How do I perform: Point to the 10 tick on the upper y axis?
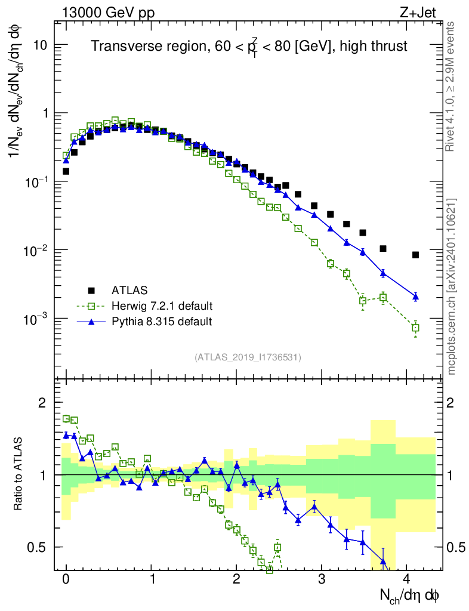click(40, 45)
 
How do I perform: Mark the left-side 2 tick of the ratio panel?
click(42, 403)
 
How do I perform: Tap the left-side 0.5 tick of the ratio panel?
click(37, 547)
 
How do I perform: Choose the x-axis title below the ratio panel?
click(410, 595)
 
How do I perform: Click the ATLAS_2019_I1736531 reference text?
click(248, 357)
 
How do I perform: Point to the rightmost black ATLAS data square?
click(415, 255)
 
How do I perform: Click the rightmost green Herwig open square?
click(415, 328)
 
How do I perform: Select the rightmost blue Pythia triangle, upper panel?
click(415, 296)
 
